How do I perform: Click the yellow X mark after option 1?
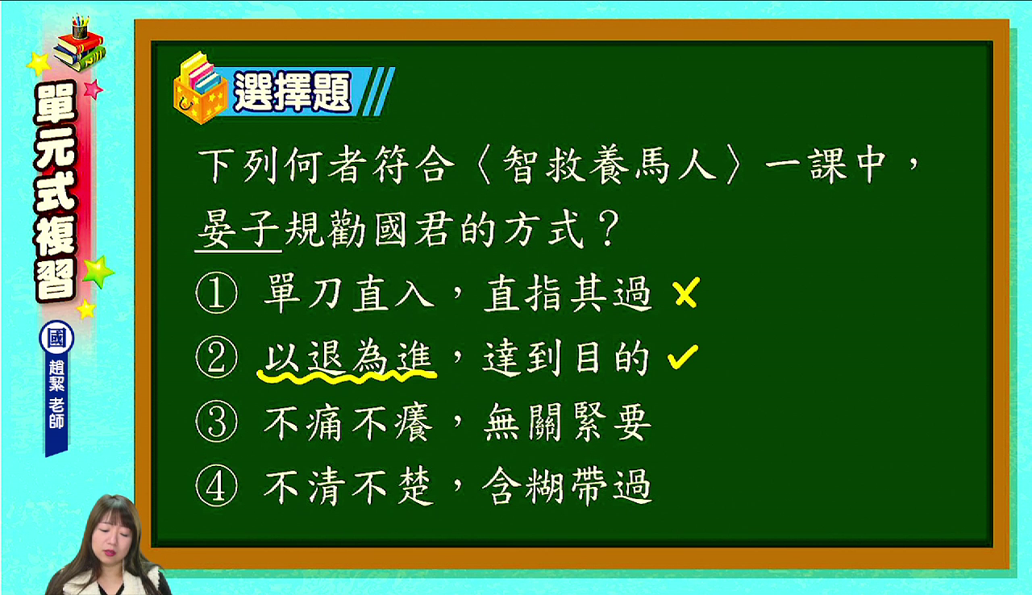[x=686, y=293]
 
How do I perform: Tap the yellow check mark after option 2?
[x=683, y=357]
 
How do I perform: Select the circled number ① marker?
[x=217, y=293]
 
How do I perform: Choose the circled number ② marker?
[x=217, y=357]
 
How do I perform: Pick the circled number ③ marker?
[x=217, y=422]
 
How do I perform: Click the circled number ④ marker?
[x=217, y=486]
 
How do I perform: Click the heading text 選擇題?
[x=293, y=91]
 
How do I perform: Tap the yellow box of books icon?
[x=200, y=89]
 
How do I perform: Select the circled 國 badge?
[x=56, y=338]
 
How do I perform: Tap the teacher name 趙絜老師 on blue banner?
[x=56, y=394]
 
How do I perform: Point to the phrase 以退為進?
[x=348, y=357]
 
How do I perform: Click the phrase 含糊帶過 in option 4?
[x=567, y=486]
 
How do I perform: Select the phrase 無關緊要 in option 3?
[x=567, y=422]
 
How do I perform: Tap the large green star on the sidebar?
[x=98, y=271]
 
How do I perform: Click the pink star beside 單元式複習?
[x=93, y=89]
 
